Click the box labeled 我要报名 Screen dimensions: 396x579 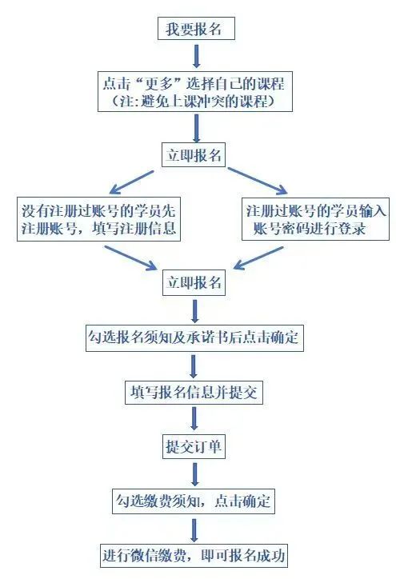point(196,29)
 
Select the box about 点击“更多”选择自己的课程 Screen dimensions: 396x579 point(195,92)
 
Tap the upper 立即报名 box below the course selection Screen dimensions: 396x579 point(194,155)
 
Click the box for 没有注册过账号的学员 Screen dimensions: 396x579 point(98,219)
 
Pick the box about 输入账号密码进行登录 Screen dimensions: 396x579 point(315,219)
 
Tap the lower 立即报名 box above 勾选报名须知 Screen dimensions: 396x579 point(194,282)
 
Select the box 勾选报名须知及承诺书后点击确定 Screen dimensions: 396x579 point(194,337)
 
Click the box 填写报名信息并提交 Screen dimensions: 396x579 point(194,392)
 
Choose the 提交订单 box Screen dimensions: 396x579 point(194,447)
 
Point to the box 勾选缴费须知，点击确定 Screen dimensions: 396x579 point(194,501)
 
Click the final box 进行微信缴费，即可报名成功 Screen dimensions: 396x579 point(194,555)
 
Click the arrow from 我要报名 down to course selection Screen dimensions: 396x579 point(197,56)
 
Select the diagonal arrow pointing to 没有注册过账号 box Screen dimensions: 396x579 point(131,182)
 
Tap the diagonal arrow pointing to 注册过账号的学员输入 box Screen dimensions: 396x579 point(258,181)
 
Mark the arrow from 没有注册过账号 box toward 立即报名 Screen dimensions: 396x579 point(131,258)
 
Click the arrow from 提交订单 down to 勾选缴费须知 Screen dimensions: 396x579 point(195,474)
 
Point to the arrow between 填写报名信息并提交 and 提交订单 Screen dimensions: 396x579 point(194,419)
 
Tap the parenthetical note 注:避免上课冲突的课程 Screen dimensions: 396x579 point(194,101)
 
